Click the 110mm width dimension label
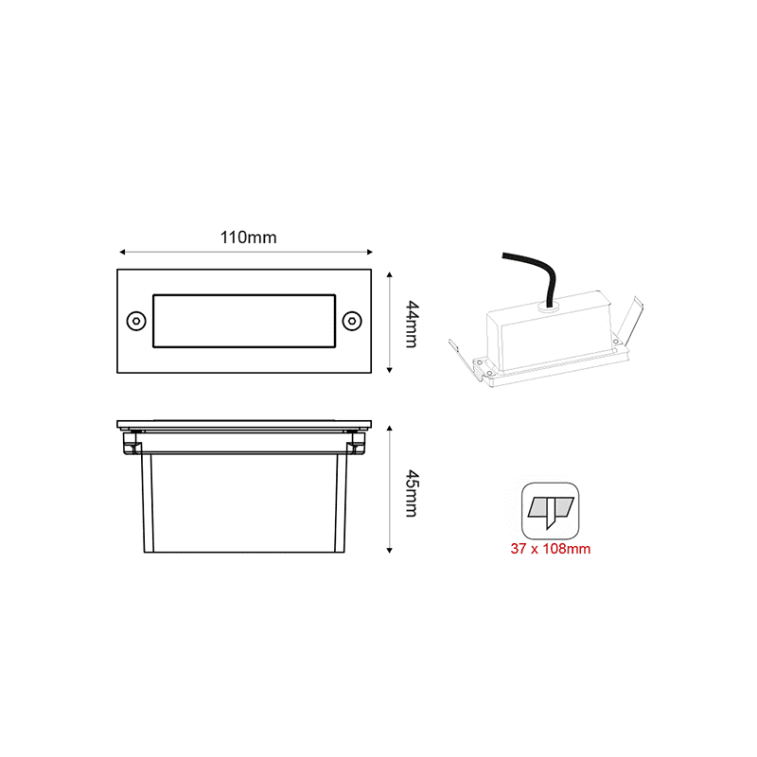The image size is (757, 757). (x=248, y=238)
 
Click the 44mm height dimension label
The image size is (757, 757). (x=411, y=323)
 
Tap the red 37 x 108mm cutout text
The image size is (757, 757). (x=552, y=549)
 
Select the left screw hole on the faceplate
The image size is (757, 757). (x=135, y=321)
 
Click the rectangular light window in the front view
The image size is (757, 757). (x=244, y=321)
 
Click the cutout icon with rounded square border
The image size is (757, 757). (x=552, y=511)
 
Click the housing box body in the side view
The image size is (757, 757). (x=244, y=502)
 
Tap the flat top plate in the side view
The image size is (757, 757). (x=244, y=425)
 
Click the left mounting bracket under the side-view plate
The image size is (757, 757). (x=132, y=440)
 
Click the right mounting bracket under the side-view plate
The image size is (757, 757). (x=356, y=440)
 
